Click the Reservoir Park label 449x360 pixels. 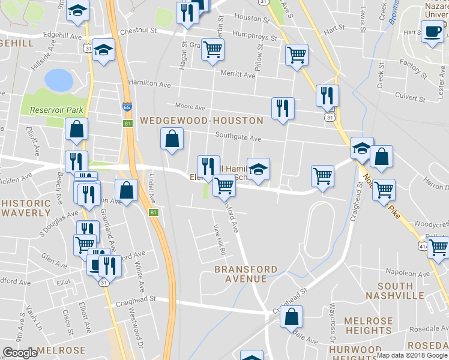(x=51, y=110)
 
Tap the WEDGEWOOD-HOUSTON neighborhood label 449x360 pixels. (x=202, y=121)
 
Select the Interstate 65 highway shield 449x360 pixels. (x=126, y=106)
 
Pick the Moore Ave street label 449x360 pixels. (x=190, y=107)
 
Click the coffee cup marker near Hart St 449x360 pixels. (x=432, y=31)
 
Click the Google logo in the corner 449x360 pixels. (x=20, y=353)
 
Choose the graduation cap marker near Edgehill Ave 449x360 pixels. (x=104, y=50)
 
